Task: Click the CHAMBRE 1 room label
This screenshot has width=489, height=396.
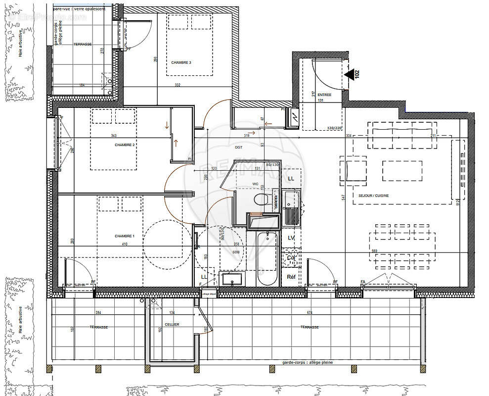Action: click(x=124, y=236)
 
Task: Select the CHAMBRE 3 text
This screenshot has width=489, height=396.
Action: click(x=181, y=62)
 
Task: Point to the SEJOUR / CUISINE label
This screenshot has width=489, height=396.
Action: click(x=374, y=196)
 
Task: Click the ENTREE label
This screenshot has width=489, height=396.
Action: click(x=324, y=95)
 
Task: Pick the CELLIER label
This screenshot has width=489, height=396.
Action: click(x=172, y=324)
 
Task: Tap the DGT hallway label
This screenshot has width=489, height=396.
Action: click(x=238, y=147)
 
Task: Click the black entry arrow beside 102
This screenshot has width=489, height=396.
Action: click(x=351, y=75)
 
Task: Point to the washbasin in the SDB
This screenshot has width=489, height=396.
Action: click(x=231, y=280)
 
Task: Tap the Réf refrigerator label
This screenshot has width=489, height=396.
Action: click(x=291, y=277)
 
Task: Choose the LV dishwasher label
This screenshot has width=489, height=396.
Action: click(x=291, y=238)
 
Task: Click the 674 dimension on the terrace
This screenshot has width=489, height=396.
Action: click(x=310, y=312)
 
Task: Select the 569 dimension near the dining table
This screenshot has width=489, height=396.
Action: click(x=375, y=251)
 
